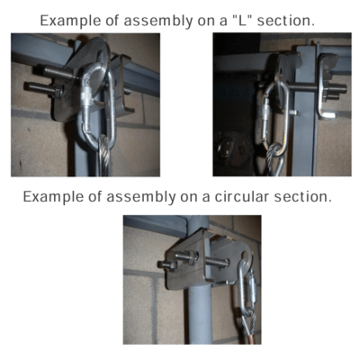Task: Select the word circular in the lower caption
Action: point(238,197)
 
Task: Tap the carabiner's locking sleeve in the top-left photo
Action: point(87,96)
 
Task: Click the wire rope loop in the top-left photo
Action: point(104,156)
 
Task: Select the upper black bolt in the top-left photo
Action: point(58,73)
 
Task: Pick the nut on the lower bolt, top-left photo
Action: point(58,92)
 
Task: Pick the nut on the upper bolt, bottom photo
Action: point(193,256)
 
